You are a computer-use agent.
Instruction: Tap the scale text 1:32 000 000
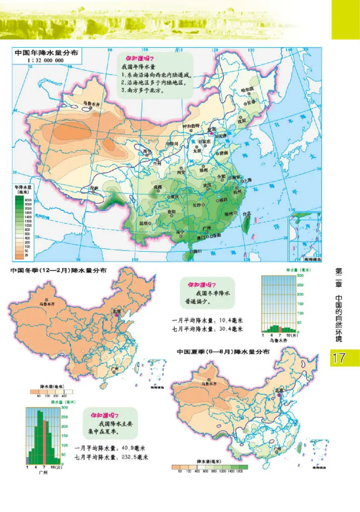(x=45, y=60)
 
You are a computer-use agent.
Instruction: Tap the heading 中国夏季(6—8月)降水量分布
(x=223, y=352)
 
